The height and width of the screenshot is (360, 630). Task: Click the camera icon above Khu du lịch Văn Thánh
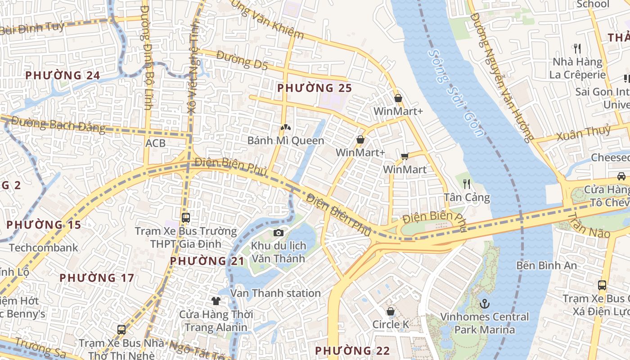(279, 233)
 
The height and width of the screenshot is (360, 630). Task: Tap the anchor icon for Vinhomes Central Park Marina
(484, 304)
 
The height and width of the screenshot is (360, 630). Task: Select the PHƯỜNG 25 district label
(314, 88)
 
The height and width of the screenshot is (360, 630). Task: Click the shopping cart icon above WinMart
(405, 157)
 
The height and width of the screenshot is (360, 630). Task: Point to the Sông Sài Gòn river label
(456, 93)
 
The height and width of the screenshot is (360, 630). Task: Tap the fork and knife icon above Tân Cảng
(467, 184)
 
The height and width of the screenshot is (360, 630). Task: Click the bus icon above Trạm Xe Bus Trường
(186, 218)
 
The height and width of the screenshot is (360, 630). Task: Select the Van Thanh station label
(275, 293)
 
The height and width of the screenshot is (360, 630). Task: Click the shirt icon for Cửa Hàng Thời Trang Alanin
(216, 301)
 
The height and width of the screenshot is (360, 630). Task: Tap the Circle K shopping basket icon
(391, 311)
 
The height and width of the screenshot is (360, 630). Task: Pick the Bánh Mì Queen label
(286, 140)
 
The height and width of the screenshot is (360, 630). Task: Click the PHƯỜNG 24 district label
(63, 75)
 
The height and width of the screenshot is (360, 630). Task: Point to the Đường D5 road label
(242, 60)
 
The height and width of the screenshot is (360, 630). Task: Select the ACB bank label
(155, 143)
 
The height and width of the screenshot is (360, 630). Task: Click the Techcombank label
(43, 247)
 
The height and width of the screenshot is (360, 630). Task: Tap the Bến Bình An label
(546, 265)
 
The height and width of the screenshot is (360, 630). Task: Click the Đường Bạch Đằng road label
(58, 125)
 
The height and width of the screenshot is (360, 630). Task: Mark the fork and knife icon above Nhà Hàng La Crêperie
(577, 48)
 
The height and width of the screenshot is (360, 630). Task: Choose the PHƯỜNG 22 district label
(352, 351)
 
